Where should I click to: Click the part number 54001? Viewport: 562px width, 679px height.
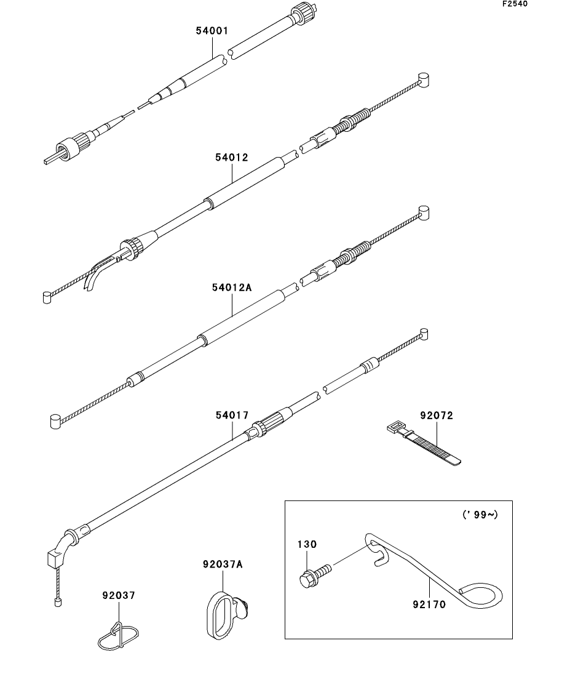pos(213,30)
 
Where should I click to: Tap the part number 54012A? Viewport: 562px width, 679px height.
pos(232,287)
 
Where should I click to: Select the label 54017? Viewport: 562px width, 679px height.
pos(232,416)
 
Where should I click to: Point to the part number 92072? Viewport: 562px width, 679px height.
pos(437,416)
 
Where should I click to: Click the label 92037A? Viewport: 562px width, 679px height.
pos(223,564)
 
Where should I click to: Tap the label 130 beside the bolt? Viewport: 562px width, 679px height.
pos(307,544)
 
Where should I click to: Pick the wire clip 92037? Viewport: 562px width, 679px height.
pos(119,637)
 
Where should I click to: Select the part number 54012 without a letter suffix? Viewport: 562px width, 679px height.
pos(232,158)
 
